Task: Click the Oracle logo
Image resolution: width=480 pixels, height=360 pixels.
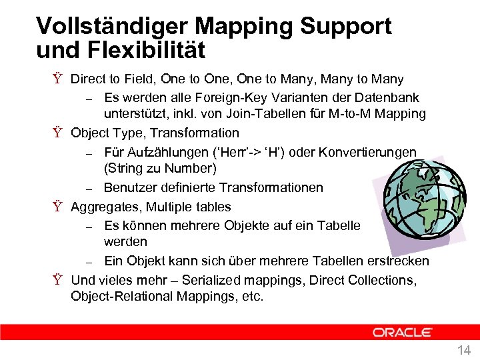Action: (x=402, y=332)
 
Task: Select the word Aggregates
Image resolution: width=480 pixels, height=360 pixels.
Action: (x=105, y=207)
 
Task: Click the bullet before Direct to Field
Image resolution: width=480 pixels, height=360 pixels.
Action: (x=59, y=79)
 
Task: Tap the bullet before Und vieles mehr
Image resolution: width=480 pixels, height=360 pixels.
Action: (x=59, y=280)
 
